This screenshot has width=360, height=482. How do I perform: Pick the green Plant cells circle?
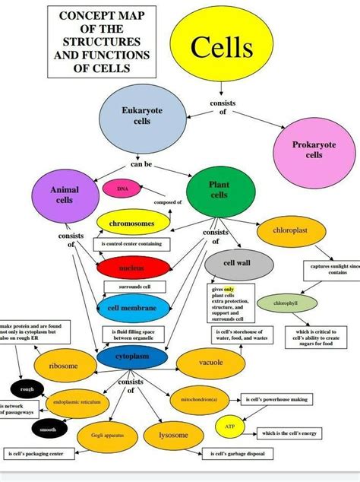(219, 191)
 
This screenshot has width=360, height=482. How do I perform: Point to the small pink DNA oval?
(122, 187)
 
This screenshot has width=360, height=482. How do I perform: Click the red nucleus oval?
(132, 268)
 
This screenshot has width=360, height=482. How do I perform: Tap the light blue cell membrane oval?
(132, 307)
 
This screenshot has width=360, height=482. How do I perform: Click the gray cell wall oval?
(238, 263)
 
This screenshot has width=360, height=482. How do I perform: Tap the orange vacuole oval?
(211, 363)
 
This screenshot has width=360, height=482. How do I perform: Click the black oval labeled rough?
(27, 389)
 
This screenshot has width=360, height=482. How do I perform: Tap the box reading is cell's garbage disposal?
(237, 455)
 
